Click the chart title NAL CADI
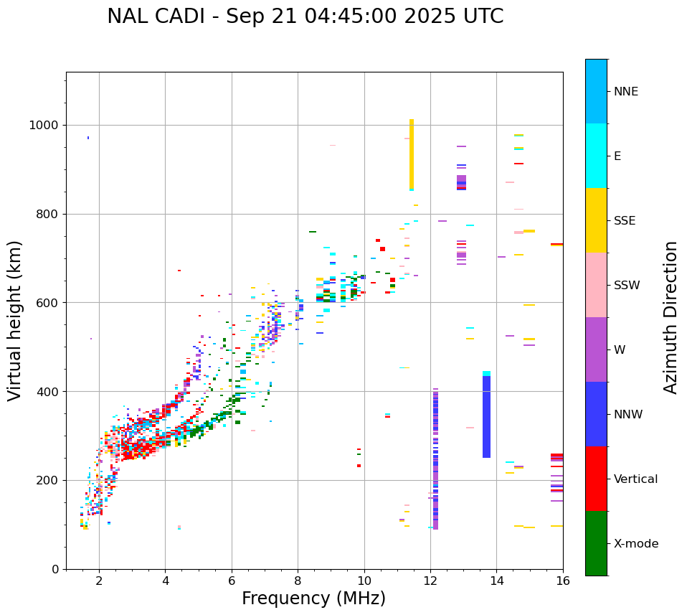coord(305,17)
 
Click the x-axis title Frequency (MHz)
coord(313,598)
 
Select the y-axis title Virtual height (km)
coord(15,321)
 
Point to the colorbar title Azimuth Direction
coord(671,317)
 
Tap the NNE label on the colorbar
coord(625,92)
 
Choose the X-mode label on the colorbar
coord(635,544)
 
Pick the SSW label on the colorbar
coord(627,286)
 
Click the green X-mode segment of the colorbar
coord(596,543)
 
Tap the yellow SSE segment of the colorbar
coord(596,220)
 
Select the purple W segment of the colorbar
coord(596,349)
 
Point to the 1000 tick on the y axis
coord(45,126)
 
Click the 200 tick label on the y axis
coord(48,481)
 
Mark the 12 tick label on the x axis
coord(430,581)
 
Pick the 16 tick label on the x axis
coord(563,581)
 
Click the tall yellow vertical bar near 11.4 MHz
coord(412,154)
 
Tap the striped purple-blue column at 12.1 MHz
coord(435,459)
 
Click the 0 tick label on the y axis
coord(55,569)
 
